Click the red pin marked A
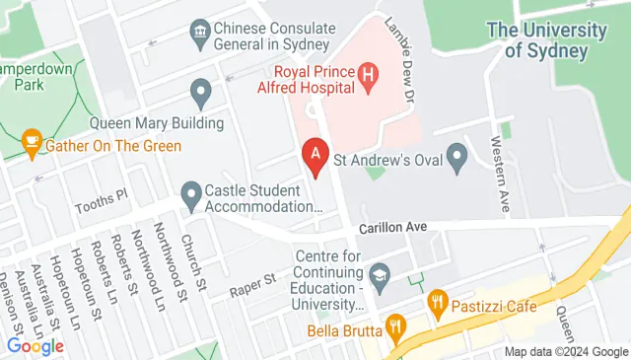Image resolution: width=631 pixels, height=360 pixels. pyautogui.click(x=315, y=155)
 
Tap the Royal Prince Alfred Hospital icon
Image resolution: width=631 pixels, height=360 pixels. pyautogui.click(x=368, y=73)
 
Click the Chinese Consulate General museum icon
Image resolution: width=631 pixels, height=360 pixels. pyautogui.click(x=201, y=35)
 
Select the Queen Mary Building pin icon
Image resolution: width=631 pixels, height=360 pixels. pyautogui.click(x=202, y=94)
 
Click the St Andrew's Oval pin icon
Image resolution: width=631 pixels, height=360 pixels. pyautogui.click(x=456, y=155)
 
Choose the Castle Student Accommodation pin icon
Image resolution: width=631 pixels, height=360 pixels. pyautogui.click(x=189, y=194)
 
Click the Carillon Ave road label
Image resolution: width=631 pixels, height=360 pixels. pyautogui.click(x=391, y=227)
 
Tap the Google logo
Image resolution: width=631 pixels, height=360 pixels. pyautogui.click(x=35, y=346)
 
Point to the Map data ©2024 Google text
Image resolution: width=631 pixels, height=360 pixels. pyautogui.click(x=566, y=352)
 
